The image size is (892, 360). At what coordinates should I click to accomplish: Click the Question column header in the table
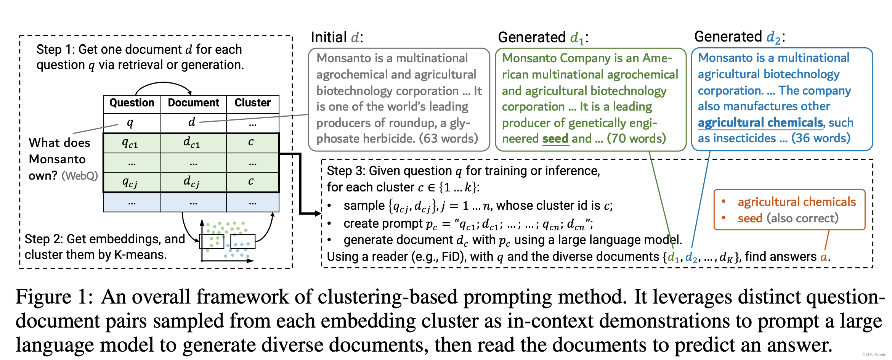132,103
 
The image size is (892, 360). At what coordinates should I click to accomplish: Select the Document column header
194,103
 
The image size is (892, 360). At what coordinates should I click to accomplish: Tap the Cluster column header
252,103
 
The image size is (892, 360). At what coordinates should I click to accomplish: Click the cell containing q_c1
132,143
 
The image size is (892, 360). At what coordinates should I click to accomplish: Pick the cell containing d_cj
194,182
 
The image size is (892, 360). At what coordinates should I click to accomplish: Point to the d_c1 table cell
194,143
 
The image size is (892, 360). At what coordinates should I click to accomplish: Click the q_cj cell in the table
132,182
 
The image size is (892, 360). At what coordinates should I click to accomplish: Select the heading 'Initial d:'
337,37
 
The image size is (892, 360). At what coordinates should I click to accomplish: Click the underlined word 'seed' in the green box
555,138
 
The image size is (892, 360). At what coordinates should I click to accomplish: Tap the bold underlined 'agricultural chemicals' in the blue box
760,122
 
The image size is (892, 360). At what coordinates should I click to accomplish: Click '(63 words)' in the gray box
448,138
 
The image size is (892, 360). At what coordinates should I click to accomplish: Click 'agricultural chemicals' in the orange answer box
797,202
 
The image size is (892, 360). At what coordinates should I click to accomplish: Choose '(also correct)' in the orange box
803,219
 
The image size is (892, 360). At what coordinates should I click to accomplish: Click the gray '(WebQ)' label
80,176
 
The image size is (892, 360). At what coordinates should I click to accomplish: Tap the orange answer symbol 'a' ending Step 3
824,257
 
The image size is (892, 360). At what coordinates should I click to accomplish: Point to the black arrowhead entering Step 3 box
318,214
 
